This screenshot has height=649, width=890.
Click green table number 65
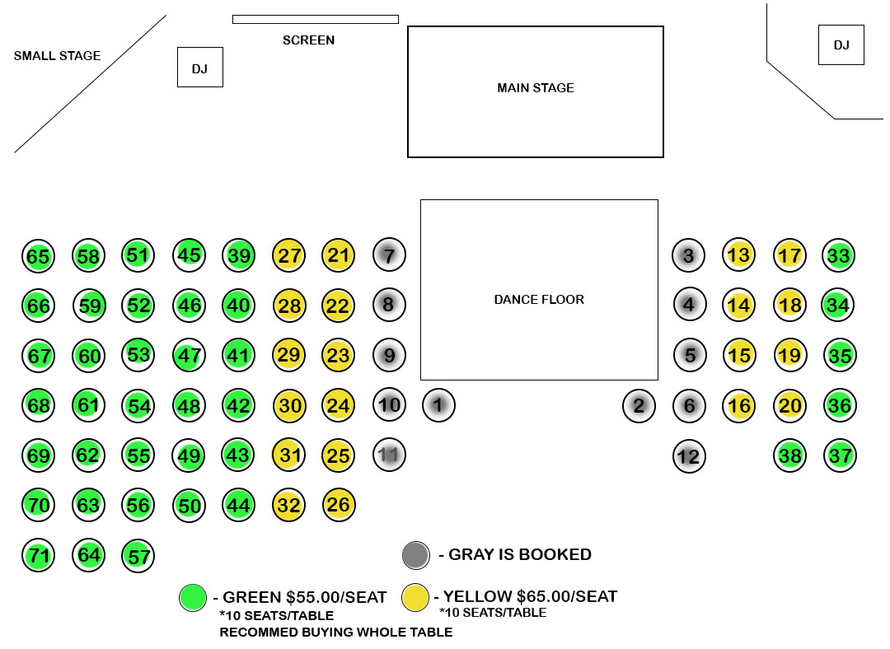[x=38, y=256]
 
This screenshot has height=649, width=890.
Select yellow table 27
[x=289, y=255]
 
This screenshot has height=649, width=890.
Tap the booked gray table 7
[x=389, y=254]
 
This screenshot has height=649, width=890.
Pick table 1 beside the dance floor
[x=438, y=405]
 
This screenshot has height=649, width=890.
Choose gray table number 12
[x=689, y=455]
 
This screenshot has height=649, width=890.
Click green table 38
[x=790, y=455]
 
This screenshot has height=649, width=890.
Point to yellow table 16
[x=739, y=405]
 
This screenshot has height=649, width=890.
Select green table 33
[x=839, y=255]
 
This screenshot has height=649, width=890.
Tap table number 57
[x=138, y=556]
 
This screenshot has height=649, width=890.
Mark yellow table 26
[x=339, y=504]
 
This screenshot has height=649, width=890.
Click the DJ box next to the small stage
[x=200, y=68]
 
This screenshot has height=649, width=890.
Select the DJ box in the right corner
[x=841, y=44]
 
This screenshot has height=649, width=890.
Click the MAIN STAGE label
[x=536, y=88]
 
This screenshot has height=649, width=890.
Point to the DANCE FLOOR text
[x=539, y=300]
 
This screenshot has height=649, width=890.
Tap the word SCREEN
[x=308, y=40]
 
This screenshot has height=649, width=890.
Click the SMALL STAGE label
[x=57, y=56]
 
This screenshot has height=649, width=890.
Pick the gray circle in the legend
[x=416, y=555]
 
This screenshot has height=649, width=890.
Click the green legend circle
[x=193, y=597]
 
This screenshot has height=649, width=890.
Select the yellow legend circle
[x=415, y=597]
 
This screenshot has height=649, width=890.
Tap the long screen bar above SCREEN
[x=316, y=19]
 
